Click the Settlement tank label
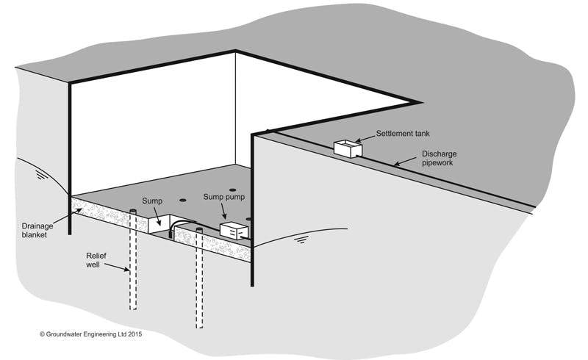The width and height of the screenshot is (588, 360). (x=402, y=134)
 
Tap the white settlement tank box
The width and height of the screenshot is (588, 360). (x=348, y=148)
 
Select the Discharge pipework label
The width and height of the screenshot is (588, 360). (x=438, y=159)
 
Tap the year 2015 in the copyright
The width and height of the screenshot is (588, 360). (x=132, y=334)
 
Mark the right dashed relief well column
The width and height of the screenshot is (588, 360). (x=199, y=279)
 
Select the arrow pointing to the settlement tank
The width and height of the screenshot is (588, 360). (x=366, y=138)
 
